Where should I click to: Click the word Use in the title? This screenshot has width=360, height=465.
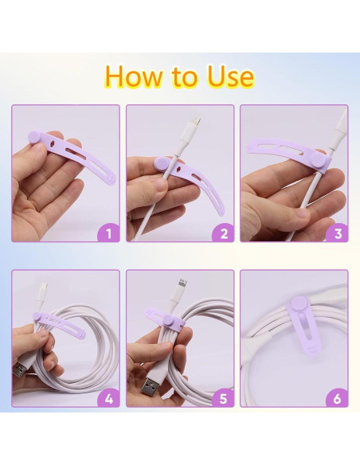click(x=229, y=76)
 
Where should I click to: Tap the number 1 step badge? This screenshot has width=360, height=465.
click(x=108, y=233)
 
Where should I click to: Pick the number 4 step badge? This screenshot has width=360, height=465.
click(x=108, y=398)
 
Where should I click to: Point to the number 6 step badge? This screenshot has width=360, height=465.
click(x=337, y=398)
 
